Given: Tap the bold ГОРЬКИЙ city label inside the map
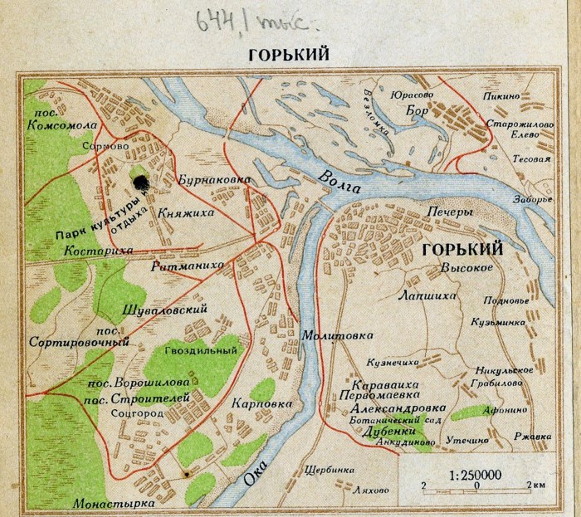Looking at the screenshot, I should click(x=461, y=249).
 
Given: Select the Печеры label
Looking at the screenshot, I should click(x=449, y=212).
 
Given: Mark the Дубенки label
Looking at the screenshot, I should click(x=389, y=431).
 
